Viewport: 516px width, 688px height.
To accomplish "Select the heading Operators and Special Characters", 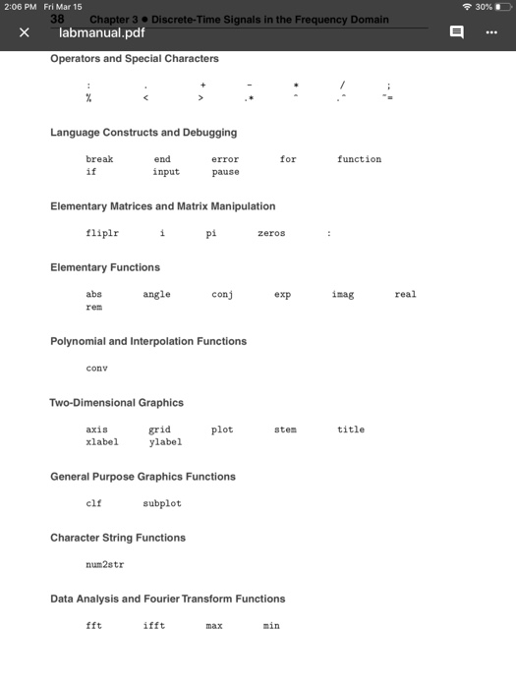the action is pos(135,58).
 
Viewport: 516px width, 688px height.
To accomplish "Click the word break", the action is pos(99,159).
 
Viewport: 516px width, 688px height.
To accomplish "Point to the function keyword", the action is pos(359,159).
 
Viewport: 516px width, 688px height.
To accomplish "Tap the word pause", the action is pos(225,172).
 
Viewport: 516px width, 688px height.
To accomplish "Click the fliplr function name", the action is pos(102,233).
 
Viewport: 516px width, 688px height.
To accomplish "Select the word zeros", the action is pos(271,233).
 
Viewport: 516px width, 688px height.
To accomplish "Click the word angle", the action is pos(156,294).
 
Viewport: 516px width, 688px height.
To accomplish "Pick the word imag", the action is pos(343,294).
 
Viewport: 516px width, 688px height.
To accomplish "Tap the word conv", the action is pos(96,369).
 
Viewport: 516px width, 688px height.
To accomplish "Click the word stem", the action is pos(285,430).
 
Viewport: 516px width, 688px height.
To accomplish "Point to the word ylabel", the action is pos(165,442).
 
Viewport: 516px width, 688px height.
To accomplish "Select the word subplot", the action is pos(162,503).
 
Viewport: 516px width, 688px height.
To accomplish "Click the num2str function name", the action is pos(105,565).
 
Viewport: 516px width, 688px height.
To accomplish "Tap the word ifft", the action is pos(153,626).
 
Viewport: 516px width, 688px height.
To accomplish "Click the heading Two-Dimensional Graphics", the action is pos(117,403).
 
